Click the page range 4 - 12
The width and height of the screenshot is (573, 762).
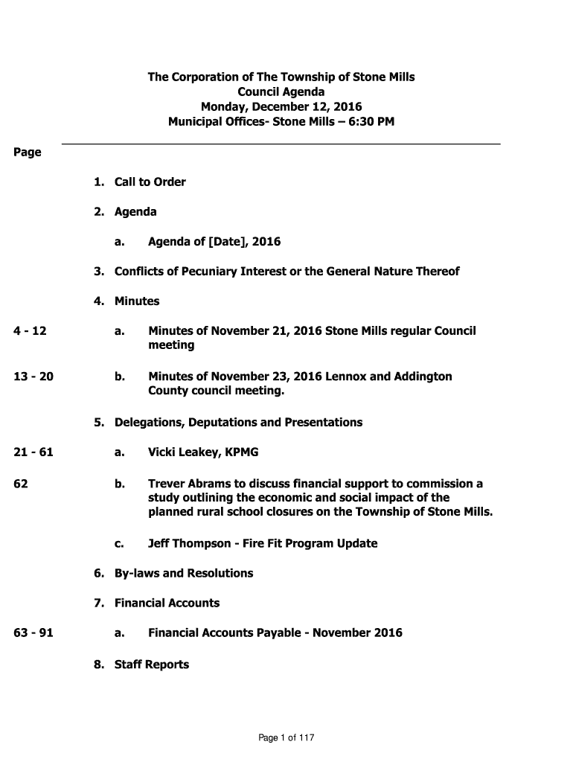(31, 331)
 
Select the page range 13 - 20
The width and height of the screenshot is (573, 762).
(33, 377)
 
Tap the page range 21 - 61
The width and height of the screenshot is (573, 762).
(33, 452)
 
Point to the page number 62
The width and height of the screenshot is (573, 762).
(21, 484)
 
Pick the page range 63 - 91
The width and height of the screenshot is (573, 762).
(33, 633)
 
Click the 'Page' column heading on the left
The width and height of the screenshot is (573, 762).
(28, 153)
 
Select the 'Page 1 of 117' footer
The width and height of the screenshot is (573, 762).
(286, 738)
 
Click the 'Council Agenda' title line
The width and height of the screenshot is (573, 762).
(281, 92)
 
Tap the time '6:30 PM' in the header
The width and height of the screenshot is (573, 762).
(368, 121)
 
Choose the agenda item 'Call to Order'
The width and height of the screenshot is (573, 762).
(150, 182)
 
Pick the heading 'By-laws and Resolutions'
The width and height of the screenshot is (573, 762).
(183, 573)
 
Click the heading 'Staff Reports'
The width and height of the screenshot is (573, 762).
(151, 665)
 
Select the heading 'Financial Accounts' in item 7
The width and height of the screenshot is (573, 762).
(167, 603)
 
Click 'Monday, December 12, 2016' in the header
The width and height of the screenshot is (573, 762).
(281, 107)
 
